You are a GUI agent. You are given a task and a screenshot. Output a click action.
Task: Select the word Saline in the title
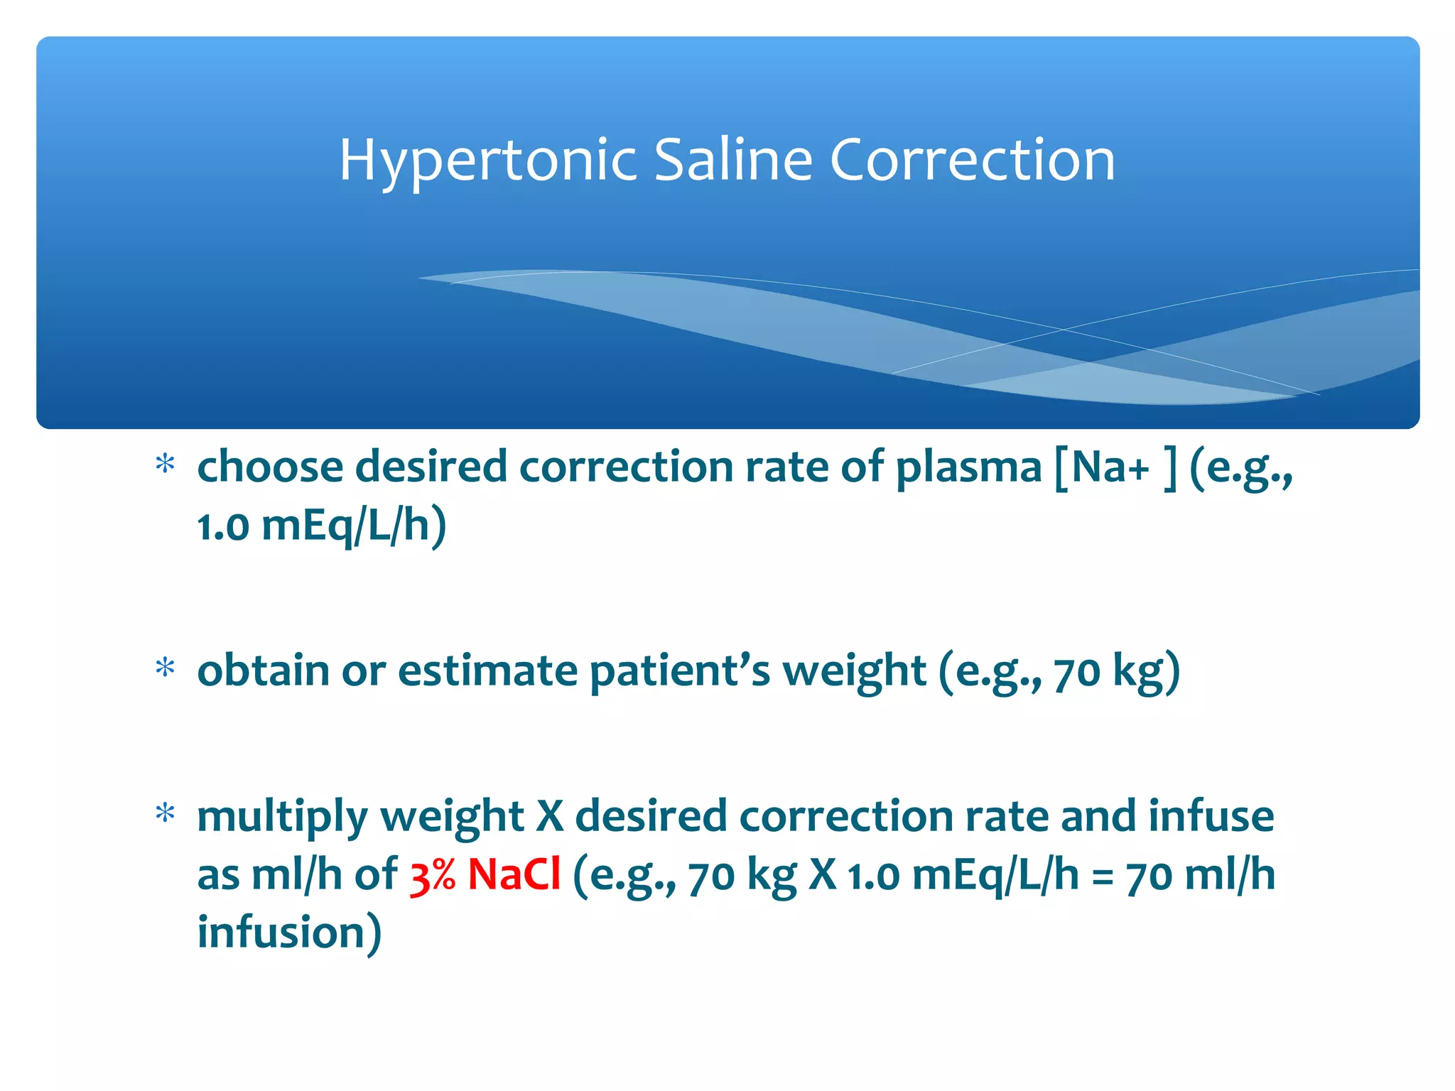tap(732, 160)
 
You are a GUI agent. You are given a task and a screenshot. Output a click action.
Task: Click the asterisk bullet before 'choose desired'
tap(165, 465)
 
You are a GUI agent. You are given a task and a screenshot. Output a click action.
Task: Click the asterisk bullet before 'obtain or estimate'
tap(165, 668)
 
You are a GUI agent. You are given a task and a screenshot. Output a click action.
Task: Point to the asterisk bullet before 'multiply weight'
tap(165, 813)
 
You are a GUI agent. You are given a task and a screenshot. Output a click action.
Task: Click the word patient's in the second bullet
tap(679, 671)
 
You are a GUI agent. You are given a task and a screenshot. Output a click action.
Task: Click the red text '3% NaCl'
tap(485, 874)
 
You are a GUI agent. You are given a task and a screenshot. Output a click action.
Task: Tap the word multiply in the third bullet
tap(281, 818)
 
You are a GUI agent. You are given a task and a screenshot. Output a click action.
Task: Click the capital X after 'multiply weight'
tap(549, 816)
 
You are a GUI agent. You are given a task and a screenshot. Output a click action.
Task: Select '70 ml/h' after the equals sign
tap(1201, 874)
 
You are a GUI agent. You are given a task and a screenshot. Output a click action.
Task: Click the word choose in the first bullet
tap(270, 468)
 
